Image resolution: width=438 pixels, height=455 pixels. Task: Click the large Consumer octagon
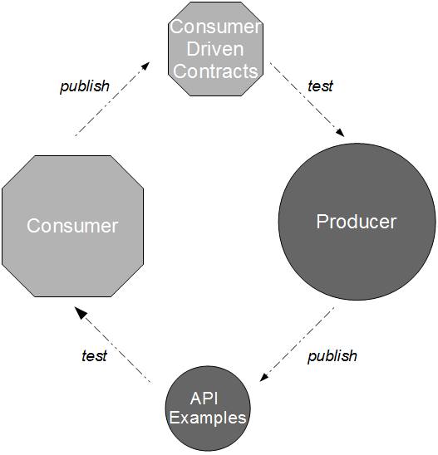72,226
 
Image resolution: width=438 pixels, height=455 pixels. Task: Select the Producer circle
357,222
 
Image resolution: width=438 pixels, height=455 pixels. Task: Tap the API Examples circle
208,409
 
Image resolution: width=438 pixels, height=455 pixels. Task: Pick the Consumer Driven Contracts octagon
215,49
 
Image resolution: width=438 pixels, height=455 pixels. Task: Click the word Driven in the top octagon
215,49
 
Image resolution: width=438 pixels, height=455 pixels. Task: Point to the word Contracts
215,71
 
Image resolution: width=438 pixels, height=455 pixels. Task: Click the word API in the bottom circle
204,399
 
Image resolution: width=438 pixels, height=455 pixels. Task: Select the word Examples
208,418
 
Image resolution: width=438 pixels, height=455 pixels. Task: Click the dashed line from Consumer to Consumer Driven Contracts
112,99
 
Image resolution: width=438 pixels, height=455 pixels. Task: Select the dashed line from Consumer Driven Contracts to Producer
307,100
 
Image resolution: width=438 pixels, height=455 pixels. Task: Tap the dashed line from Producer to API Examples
297,344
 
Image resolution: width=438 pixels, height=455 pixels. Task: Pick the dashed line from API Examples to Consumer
112,344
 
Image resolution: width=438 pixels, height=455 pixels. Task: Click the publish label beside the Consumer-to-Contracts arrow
85,86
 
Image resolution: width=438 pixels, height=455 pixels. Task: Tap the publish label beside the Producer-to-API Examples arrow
332,355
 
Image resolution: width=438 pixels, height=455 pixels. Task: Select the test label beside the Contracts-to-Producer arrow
320,86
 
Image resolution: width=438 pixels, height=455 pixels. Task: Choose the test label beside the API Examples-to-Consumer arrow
95,355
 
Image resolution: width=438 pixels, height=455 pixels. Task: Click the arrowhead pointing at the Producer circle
341,133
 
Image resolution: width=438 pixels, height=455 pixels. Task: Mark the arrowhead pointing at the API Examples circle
264,377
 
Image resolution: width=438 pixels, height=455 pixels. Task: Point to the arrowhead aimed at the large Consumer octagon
80,312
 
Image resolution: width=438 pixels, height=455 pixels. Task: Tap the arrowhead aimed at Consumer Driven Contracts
145,66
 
